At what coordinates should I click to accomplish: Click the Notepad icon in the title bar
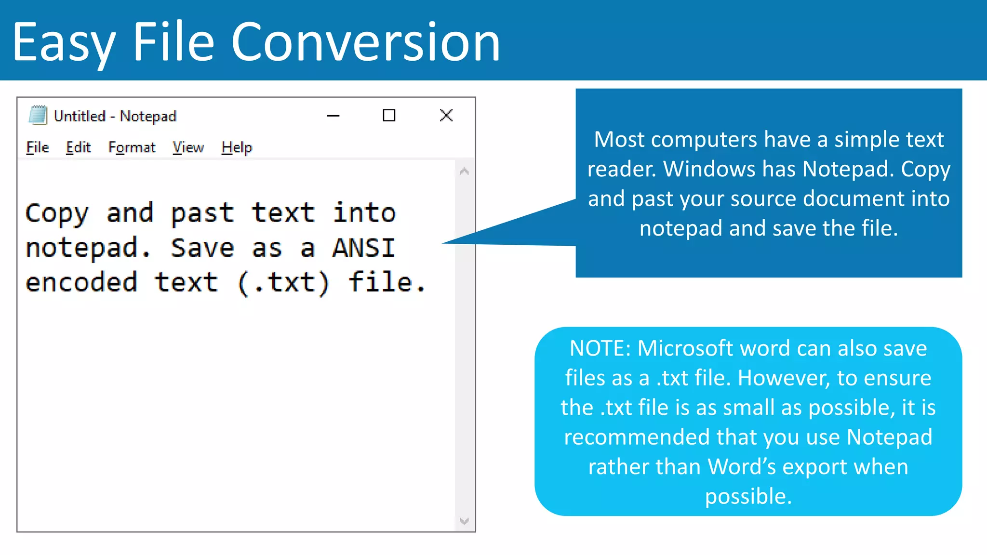click(38, 116)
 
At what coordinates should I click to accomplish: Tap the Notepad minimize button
click(333, 116)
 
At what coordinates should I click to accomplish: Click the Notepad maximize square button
click(389, 116)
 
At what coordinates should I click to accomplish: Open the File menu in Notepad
click(38, 147)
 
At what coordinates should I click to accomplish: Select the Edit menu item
click(78, 147)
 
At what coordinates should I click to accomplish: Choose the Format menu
click(132, 147)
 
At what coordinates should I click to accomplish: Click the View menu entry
click(188, 147)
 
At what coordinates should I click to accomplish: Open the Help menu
click(237, 147)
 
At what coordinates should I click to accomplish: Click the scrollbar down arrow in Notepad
click(465, 521)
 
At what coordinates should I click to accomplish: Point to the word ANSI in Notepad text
click(364, 248)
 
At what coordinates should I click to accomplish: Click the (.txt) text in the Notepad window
click(283, 283)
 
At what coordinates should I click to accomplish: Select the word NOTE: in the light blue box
click(600, 348)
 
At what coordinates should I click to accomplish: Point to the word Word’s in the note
click(741, 467)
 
